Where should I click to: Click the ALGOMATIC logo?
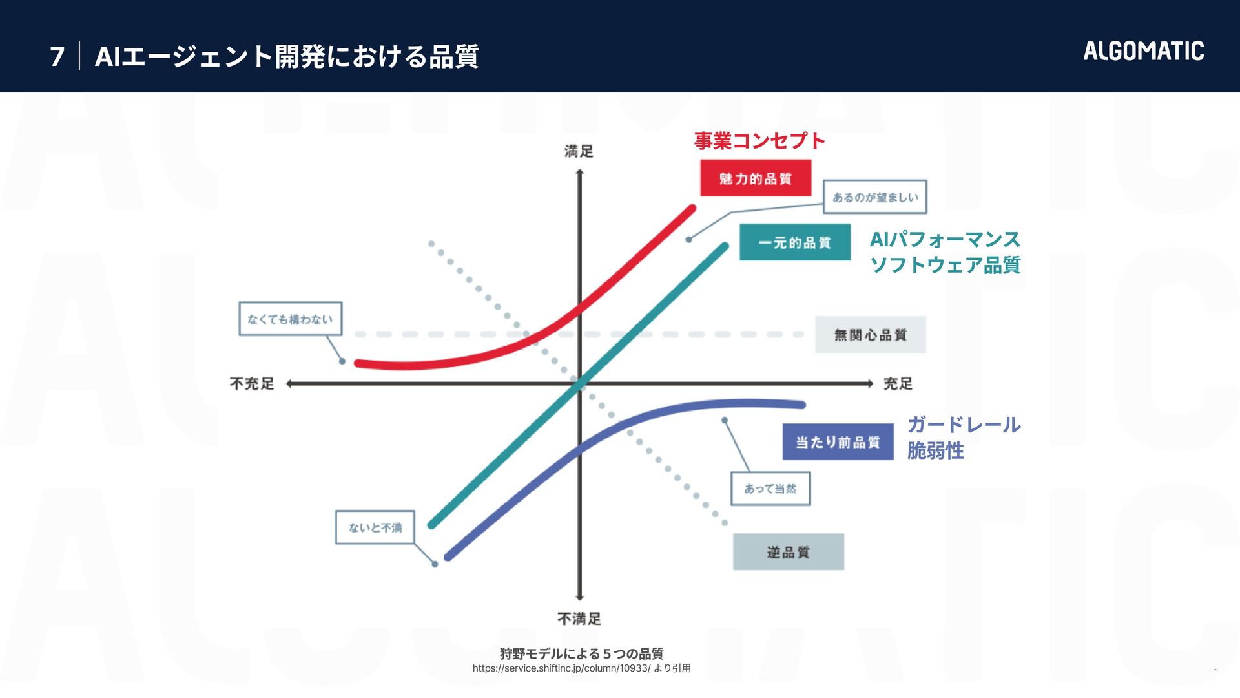tap(1143, 51)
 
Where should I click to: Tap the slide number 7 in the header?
tap(57, 57)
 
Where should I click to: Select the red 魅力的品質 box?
tap(756, 178)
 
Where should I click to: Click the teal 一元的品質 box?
tap(794, 242)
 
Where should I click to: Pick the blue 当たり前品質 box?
tap(838, 442)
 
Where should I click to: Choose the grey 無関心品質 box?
tap(870, 335)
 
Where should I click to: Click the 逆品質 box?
tap(788, 552)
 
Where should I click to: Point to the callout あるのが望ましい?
tap(874, 197)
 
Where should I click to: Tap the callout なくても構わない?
tap(290, 319)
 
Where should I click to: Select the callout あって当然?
tap(770, 489)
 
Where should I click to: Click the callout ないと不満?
tap(375, 527)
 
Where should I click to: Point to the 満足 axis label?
tap(579, 151)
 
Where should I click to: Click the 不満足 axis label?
tap(579, 619)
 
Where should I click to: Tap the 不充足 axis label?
tap(252, 384)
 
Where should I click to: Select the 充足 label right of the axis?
tap(898, 384)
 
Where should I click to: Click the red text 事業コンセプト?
tap(759, 141)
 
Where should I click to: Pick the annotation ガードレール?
tap(964, 425)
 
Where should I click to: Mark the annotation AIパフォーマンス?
tap(944, 240)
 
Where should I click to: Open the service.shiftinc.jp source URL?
tap(561, 668)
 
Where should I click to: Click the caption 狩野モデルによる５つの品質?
tap(581, 653)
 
